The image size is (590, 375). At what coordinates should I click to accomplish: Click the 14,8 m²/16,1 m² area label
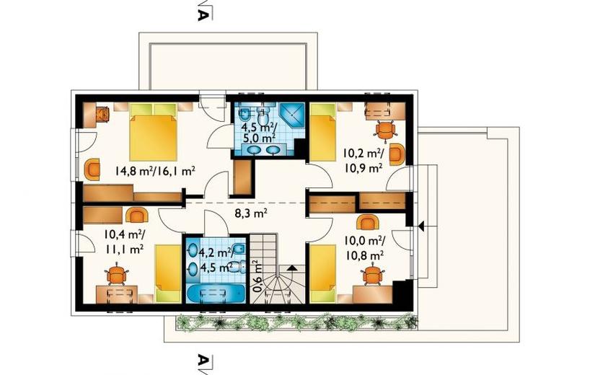(154, 172)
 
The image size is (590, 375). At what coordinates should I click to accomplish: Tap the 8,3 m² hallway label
(251, 214)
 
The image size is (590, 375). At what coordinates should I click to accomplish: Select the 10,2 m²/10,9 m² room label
(363, 160)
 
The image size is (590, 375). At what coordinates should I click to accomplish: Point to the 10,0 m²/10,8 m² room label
(363, 247)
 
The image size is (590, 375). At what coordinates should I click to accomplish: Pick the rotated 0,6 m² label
(257, 276)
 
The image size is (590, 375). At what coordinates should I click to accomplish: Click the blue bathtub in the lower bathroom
(216, 294)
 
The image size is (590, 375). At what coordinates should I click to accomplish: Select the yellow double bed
(153, 132)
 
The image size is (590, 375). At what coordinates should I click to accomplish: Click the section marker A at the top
(203, 14)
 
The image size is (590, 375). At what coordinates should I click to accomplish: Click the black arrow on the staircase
(291, 268)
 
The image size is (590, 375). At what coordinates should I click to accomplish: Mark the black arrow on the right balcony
(421, 226)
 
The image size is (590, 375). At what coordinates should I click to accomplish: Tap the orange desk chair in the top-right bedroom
(386, 131)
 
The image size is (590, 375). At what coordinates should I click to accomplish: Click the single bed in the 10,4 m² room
(169, 273)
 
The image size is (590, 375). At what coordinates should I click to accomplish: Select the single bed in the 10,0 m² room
(322, 273)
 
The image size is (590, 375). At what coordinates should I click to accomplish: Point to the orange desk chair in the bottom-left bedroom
(118, 275)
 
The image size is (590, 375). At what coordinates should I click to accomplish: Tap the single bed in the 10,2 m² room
(322, 132)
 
